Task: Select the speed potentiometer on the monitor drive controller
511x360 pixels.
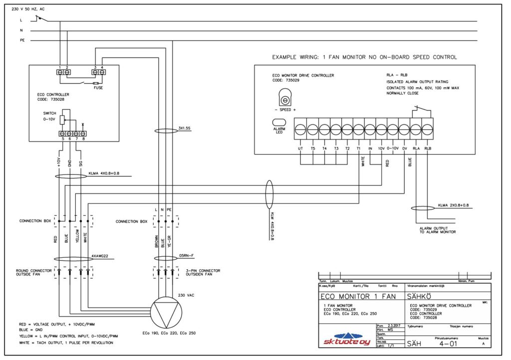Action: [285, 96]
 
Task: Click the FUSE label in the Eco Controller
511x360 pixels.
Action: [99, 87]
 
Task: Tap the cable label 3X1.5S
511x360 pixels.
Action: [184, 128]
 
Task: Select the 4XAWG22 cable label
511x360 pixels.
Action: [100, 256]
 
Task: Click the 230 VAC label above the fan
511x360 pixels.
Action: [187, 296]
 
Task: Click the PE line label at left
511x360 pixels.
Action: [22, 40]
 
